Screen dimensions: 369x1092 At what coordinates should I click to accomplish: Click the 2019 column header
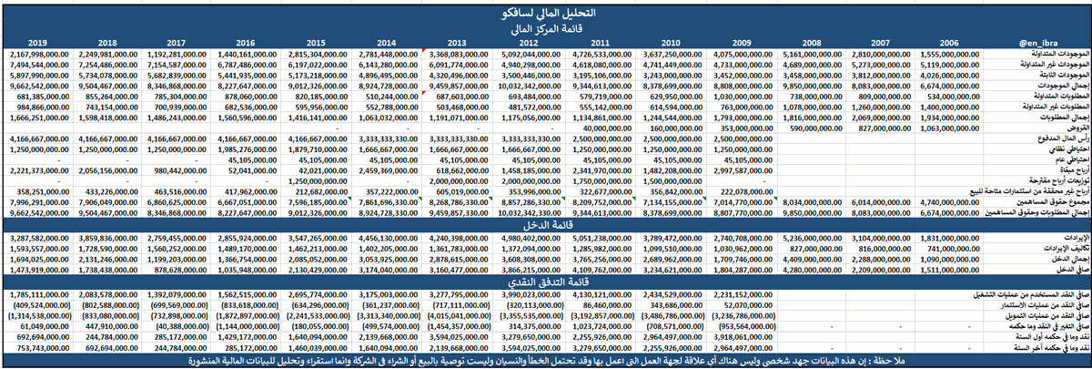click(38, 43)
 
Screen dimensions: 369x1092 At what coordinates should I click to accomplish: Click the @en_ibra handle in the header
click(1036, 43)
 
